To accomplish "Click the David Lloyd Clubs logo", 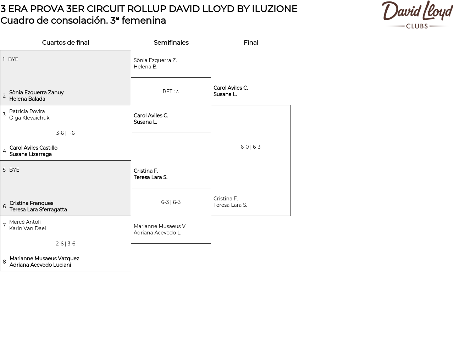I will (x=417, y=15).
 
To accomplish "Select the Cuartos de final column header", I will (x=66, y=43).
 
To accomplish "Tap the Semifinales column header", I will (x=171, y=43).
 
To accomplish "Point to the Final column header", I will (x=251, y=43).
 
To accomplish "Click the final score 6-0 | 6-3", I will (x=250, y=147).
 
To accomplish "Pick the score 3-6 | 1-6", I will (x=65, y=133).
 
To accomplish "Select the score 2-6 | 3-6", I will (x=65, y=244).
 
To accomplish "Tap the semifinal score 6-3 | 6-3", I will (x=171, y=202).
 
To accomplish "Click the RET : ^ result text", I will (x=171, y=92).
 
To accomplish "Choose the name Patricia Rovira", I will (x=27, y=111).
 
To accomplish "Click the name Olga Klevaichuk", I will (x=29, y=118).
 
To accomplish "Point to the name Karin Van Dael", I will (x=28, y=228).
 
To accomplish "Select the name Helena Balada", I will (x=27, y=99).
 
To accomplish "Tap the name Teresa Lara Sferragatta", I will (x=38, y=210).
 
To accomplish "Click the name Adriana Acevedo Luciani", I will (x=40, y=265).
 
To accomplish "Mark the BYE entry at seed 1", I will (x=13, y=59).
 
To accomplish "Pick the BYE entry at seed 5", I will (x=14, y=170).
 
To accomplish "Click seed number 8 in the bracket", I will (x=4, y=262).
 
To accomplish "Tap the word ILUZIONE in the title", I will (x=275, y=9).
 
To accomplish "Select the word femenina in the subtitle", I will (x=144, y=21).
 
